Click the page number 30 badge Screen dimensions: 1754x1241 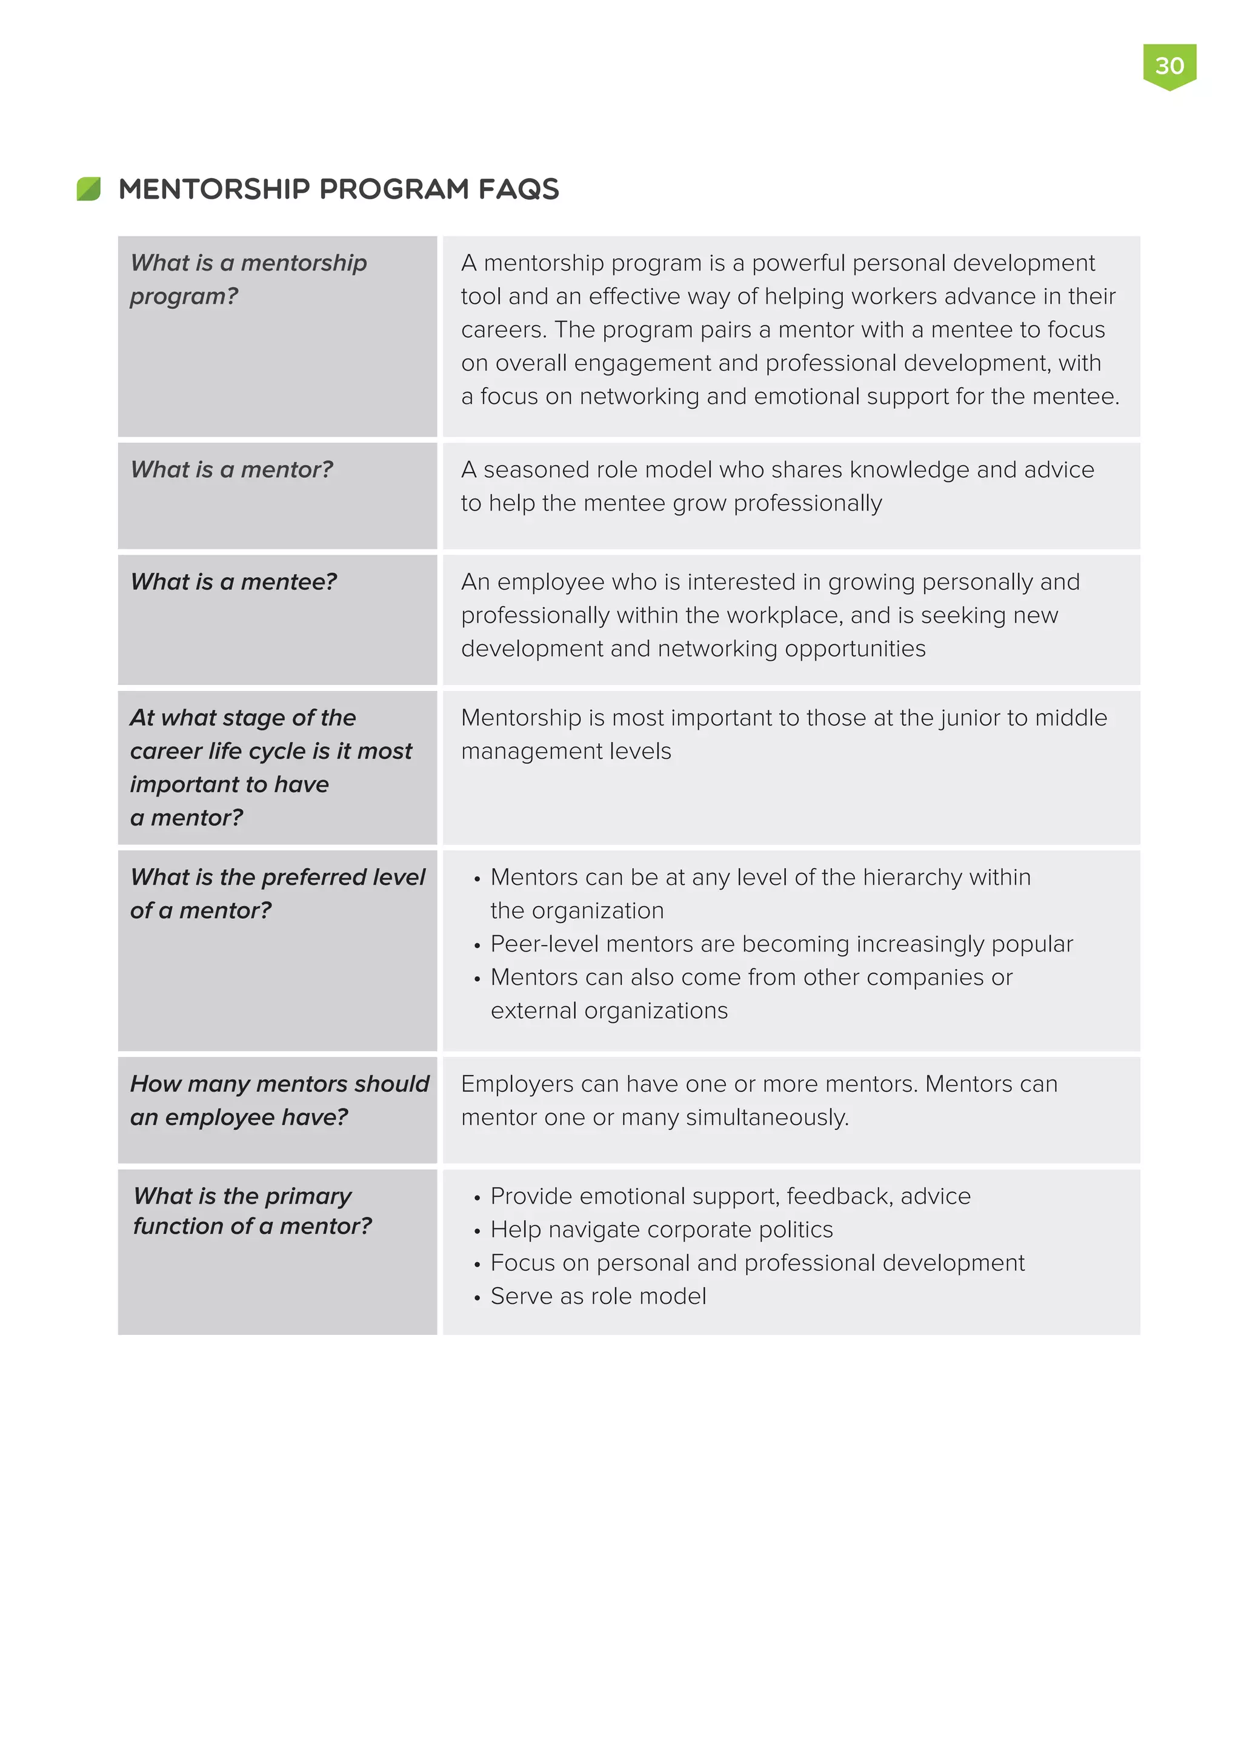tap(1169, 65)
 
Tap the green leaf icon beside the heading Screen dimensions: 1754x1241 tap(88, 189)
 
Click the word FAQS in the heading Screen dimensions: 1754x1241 tap(518, 189)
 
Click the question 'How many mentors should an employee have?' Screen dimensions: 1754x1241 tap(279, 1100)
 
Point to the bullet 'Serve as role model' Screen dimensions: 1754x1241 tap(597, 1296)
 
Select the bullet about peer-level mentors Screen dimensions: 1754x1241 tap(781, 944)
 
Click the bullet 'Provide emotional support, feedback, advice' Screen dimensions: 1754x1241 tap(730, 1196)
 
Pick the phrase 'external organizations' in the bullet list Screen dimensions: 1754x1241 tap(609, 1011)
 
